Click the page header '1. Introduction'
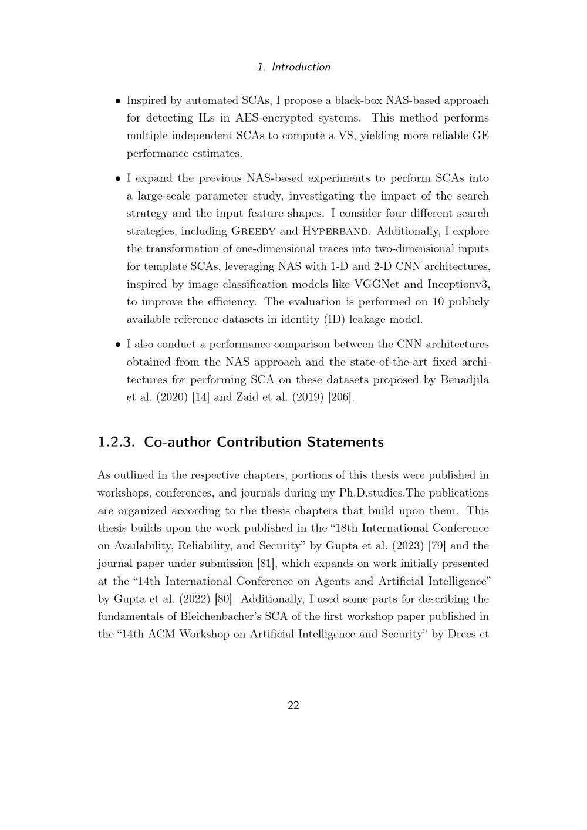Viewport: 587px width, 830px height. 293,67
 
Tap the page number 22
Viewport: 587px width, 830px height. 293,706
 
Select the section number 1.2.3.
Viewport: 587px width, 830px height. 117,442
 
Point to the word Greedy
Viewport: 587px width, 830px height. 254,231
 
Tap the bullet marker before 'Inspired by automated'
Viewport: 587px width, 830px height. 118,101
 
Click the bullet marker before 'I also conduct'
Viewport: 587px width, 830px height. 118,345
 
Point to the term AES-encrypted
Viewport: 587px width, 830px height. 275,118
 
